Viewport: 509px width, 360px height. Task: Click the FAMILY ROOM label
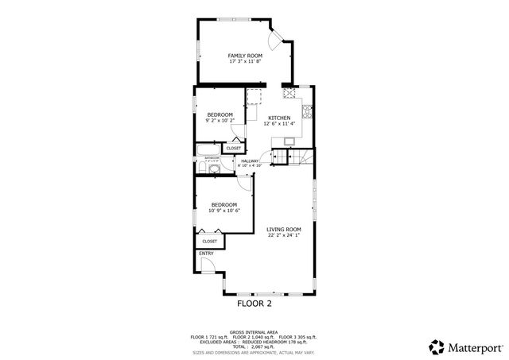tap(246, 55)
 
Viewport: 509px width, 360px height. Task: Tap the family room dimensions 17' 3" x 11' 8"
tap(246, 61)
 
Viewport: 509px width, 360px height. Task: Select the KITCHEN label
tap(279, 118)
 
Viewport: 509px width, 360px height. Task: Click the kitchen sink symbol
tap(288, 141)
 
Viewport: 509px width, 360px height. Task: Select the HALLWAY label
tap(251, 161)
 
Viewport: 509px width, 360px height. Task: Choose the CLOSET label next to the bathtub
tap(234, 148)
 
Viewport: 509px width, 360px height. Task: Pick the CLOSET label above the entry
tap(209, 241)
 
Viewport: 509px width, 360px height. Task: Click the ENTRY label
tap(206, 254)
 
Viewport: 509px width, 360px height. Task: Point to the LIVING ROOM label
tap(283, 229)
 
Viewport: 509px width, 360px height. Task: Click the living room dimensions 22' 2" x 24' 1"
tap(283, 235)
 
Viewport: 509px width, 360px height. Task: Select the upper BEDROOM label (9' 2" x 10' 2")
tap(220, 114)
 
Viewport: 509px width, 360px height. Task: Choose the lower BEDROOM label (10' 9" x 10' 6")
tap(223, 205)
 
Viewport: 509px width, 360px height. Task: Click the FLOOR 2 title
tap(254, 304)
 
